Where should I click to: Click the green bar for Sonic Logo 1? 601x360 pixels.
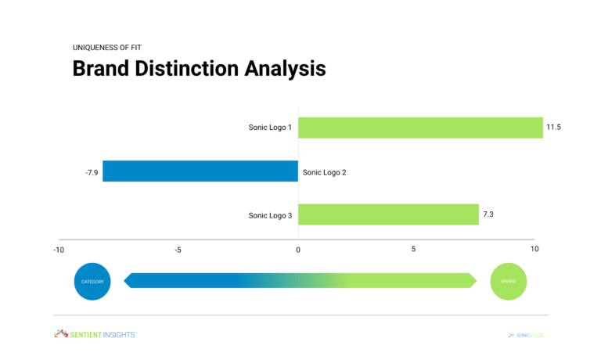[420, 128]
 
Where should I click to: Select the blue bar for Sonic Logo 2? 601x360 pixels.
[200, 171]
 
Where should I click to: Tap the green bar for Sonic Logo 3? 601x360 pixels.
[388, 214]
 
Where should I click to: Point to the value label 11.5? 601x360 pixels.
[554, 128]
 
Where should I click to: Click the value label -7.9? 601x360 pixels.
[92, 171]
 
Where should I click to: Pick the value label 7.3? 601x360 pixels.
[489, 214]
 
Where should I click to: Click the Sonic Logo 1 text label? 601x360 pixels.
[270, 128]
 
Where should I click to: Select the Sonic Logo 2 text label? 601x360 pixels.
[324, 171]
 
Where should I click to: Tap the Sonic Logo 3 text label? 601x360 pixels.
[270, 214]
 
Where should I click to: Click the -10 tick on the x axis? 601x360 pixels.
[59, 250]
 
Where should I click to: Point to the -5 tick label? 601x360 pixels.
[178, 250]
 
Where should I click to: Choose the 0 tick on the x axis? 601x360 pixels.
[298, 250]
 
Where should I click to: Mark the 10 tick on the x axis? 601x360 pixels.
[534, 250]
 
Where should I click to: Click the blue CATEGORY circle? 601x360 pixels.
[93, 281]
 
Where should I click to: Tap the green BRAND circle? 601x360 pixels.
[509, 281]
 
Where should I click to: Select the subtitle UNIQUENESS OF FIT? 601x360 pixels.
[108, 47]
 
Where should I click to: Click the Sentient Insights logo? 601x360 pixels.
[95, 334]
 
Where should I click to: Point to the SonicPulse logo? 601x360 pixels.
[526, 335]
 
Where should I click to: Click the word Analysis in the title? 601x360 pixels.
[286, 69]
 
